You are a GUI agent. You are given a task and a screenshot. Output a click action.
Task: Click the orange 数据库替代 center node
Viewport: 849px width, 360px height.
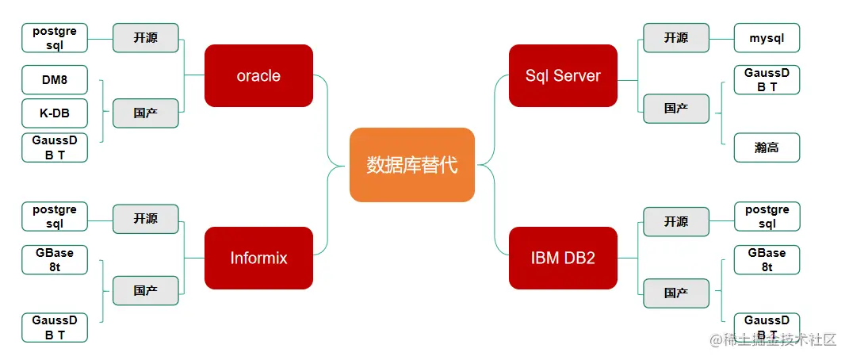[412, 165]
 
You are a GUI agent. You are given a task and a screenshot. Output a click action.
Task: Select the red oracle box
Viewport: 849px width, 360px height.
[258, 75]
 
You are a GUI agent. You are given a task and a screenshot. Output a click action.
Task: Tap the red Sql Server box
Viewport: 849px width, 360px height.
[563, 75]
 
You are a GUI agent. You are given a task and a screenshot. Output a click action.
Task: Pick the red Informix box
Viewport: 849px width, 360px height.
[258, 258]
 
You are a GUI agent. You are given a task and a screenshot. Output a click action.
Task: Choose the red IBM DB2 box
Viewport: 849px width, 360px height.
[563, 258]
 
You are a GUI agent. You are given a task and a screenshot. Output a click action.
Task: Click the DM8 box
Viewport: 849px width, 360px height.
[55, 80]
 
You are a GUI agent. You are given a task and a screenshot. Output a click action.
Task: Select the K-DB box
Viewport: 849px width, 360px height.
[55, 113]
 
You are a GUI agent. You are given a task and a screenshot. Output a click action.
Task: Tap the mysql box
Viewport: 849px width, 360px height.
[767, 38]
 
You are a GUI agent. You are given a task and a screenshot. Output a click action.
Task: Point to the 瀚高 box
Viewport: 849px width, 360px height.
[767, 147]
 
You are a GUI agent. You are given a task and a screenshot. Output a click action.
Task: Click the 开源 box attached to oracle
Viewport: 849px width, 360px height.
[146, 38]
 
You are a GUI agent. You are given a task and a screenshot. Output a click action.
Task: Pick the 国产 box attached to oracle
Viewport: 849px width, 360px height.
[146, 113]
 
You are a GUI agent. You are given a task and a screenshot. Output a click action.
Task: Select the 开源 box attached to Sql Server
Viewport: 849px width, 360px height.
[676, 38]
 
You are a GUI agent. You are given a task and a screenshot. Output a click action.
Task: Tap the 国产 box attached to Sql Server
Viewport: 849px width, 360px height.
[676, 109]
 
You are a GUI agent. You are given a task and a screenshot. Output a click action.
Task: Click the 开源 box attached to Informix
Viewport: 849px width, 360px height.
[146, 219]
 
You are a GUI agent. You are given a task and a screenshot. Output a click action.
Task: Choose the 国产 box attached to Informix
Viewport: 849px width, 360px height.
[146, 291]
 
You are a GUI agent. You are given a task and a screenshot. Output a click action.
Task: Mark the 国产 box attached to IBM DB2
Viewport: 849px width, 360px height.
[676, 293]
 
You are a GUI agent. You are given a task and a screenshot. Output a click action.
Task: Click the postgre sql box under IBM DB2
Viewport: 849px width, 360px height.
[767, 216]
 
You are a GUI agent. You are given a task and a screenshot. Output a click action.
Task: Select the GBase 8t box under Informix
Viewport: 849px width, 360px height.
[55, 260]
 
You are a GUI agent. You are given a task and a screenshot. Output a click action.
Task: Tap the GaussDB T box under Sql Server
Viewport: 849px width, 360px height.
[767, 80]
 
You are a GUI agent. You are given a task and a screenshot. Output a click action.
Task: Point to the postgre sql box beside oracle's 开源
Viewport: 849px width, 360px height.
[55, 38]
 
